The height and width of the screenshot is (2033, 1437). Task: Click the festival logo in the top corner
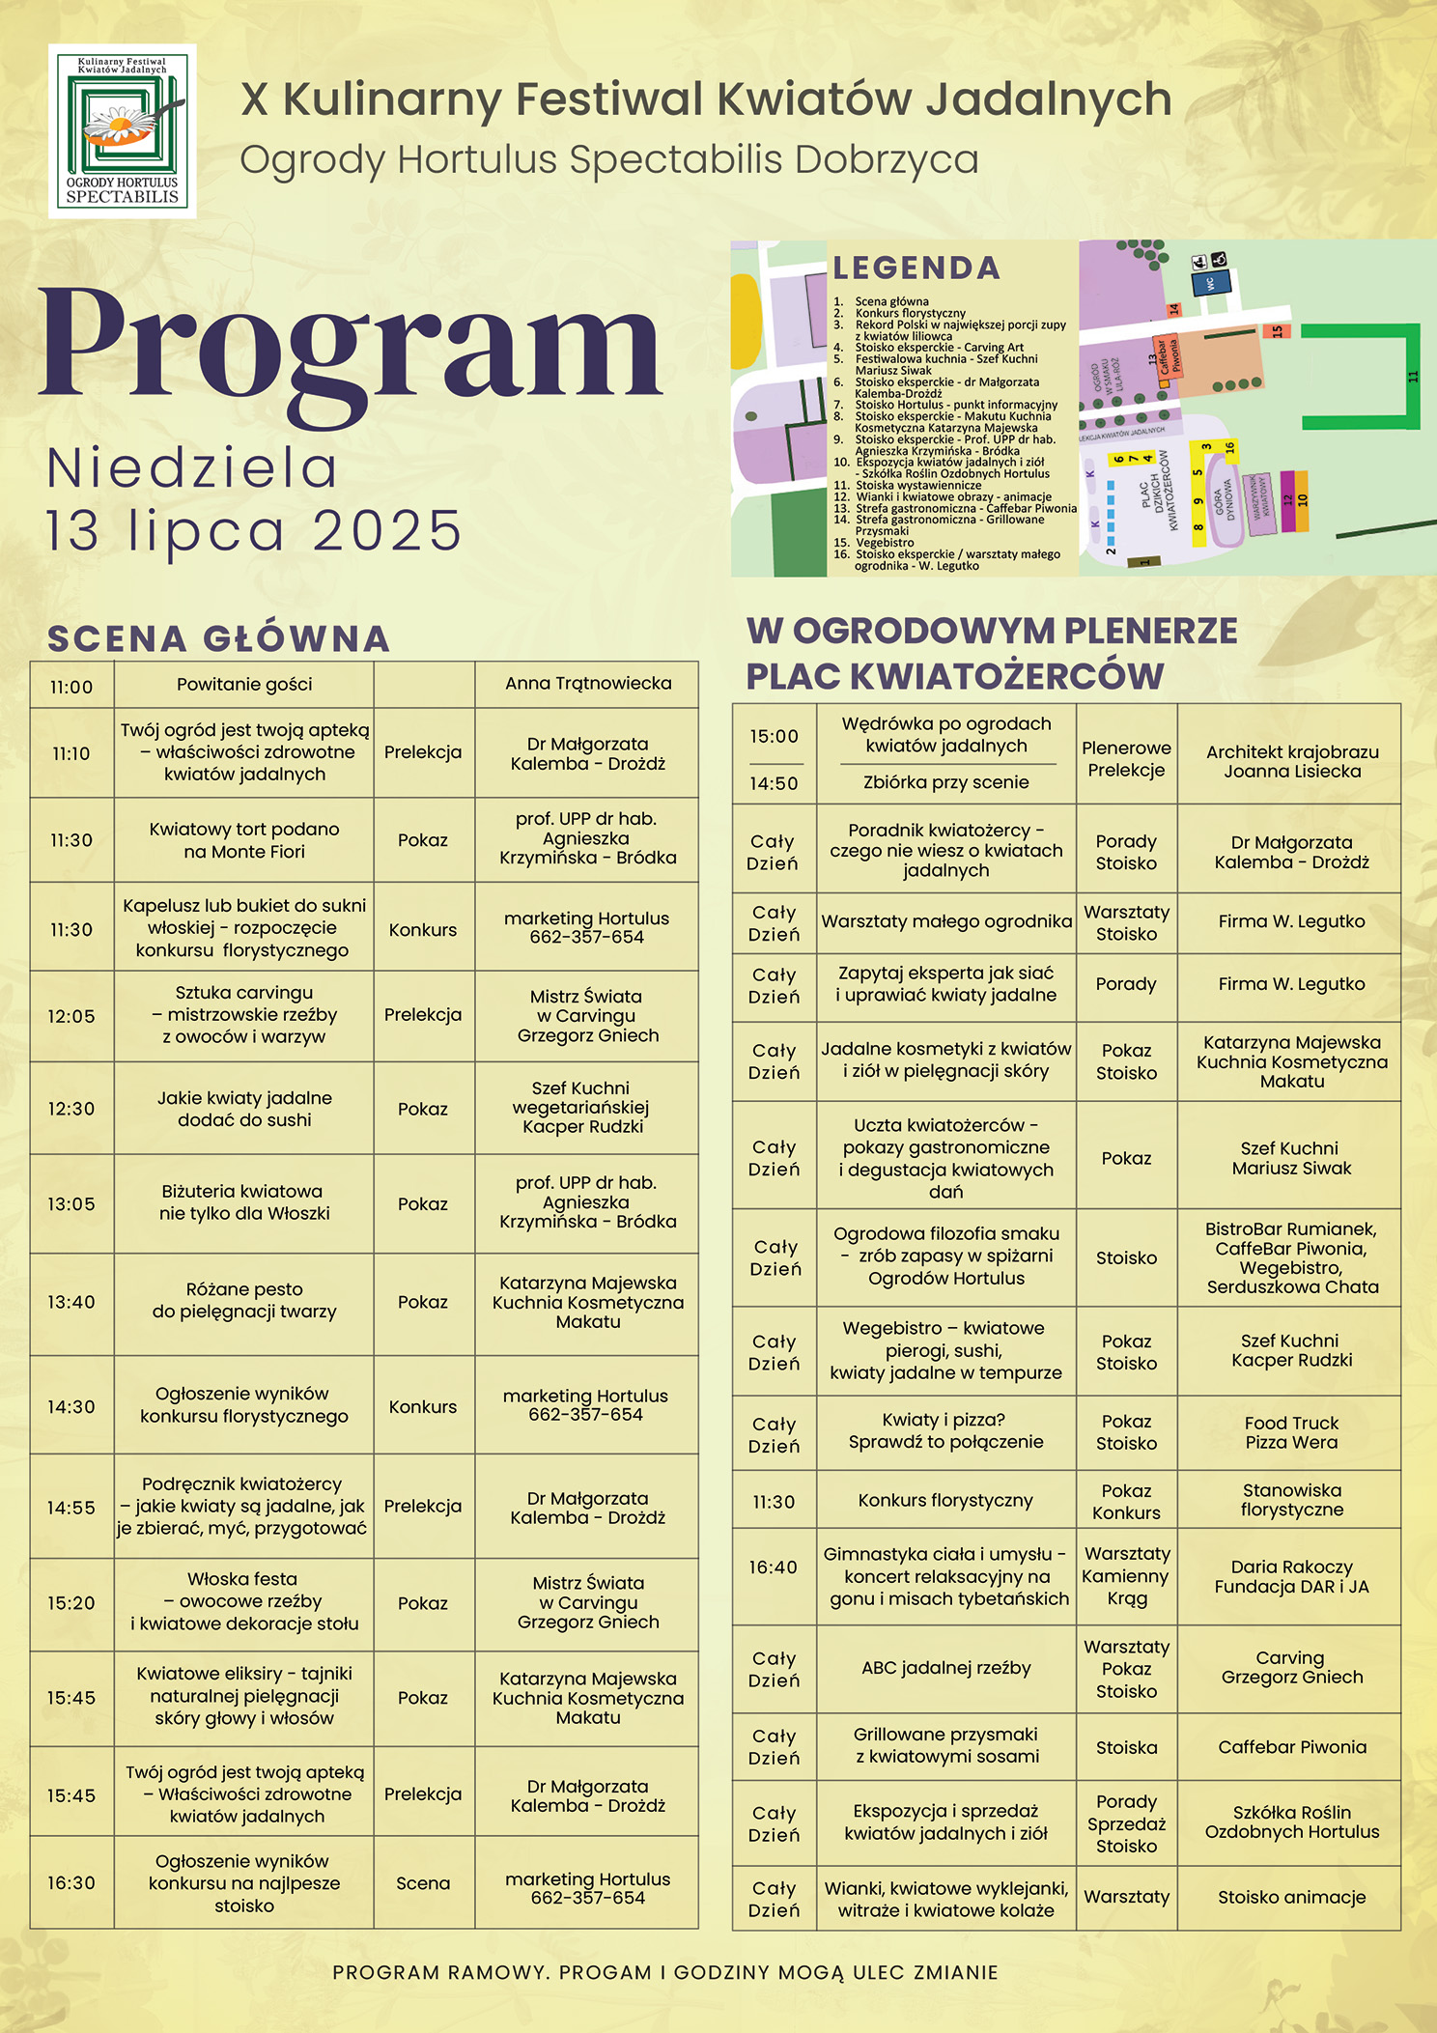pos(123,130)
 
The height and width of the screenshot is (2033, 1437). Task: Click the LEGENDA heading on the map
pos(916,268)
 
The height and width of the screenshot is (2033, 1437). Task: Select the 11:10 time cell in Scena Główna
pos(71,753)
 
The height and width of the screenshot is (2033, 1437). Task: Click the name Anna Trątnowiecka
pos(587,684)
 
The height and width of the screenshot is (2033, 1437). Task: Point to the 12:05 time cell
pos(71,1016)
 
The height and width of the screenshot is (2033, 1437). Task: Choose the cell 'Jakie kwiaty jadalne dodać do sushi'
pos(244,1109)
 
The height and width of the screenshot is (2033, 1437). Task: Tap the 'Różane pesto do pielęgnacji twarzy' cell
pos(244,1301)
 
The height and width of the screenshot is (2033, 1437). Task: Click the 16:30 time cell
pos(71,1883)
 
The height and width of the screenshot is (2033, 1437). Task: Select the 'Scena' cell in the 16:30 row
pos(423,1883)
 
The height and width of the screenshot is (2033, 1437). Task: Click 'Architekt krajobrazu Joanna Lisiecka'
pos(1291,761)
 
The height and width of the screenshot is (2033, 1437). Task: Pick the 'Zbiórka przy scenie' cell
pos(945,782)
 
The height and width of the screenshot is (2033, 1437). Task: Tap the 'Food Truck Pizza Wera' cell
pos(1291,1432)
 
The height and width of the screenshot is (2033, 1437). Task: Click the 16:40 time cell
pos(774,1567)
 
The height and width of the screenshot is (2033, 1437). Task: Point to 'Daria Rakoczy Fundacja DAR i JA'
pos(1291,1576)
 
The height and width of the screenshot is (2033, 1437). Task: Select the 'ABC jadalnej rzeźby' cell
pos(945,1668)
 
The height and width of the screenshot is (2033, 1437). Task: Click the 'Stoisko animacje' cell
pos(1291,1897)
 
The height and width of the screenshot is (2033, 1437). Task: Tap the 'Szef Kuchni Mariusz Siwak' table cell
pos(1291,1158)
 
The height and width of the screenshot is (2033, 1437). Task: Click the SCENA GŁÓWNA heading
pos(219,638)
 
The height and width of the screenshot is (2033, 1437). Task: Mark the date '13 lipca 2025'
pos(254,530)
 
